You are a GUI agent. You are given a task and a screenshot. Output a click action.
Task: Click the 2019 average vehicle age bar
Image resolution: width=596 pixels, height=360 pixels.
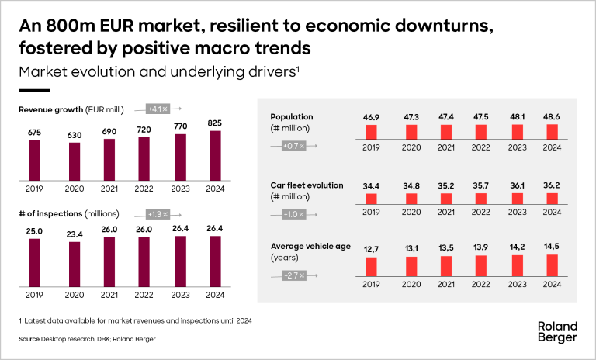[371, 266]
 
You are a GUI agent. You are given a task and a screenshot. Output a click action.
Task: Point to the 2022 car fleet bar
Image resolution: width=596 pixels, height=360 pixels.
[480, 199]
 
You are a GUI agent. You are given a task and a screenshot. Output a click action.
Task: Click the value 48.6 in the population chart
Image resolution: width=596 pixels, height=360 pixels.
[552, 117]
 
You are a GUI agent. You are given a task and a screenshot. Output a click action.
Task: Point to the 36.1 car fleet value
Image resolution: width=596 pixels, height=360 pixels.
[516, 186]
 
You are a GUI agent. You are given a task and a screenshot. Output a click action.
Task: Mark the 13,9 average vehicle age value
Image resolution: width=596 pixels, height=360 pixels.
[480, 247]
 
